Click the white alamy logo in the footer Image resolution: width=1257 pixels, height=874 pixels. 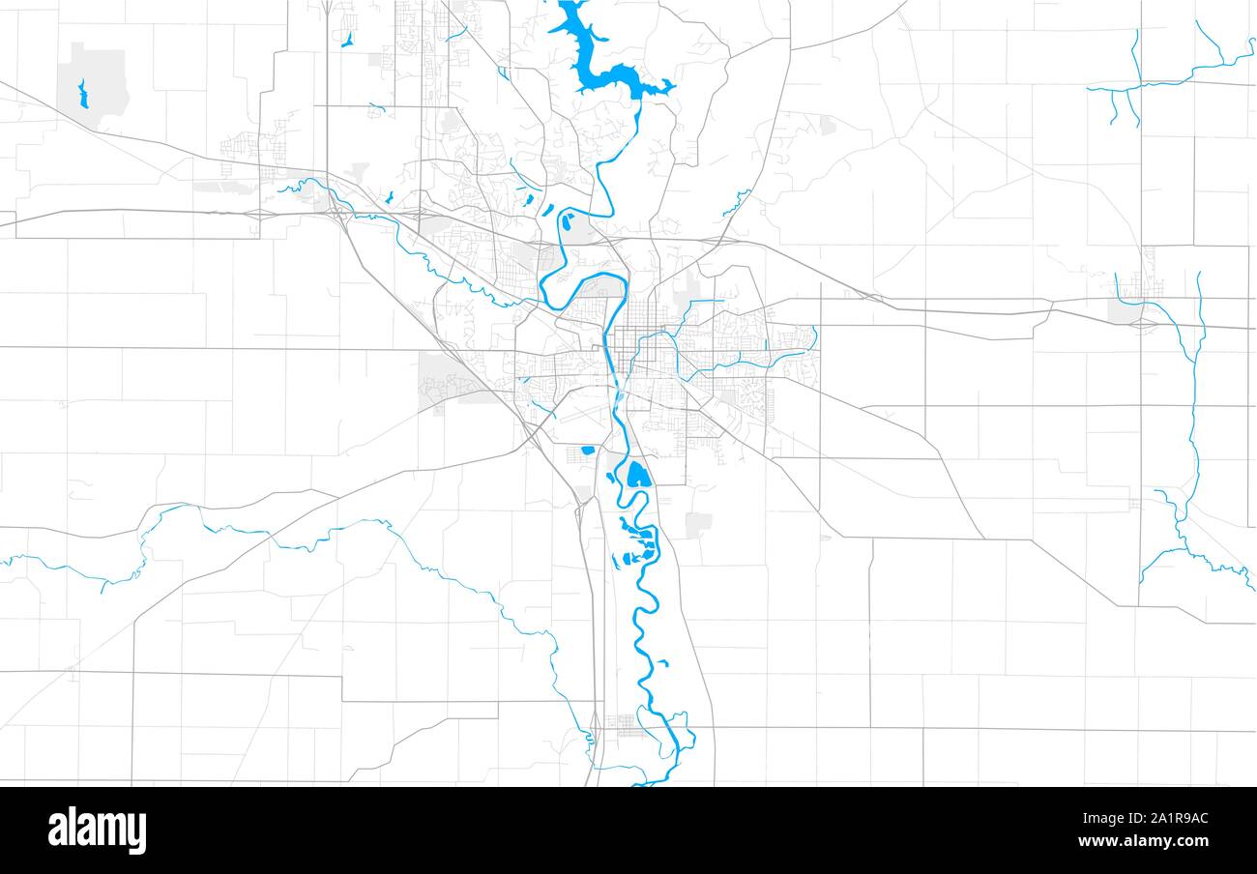(97, 830)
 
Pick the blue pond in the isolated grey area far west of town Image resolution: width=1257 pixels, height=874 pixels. (82, 94)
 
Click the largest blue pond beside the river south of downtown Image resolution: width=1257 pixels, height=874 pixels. (637, 475)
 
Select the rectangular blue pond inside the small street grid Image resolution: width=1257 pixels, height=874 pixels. (587, 450)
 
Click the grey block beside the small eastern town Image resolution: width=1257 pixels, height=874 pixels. (1124, 310)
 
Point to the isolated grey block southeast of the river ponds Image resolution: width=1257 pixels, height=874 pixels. (697, 524)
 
